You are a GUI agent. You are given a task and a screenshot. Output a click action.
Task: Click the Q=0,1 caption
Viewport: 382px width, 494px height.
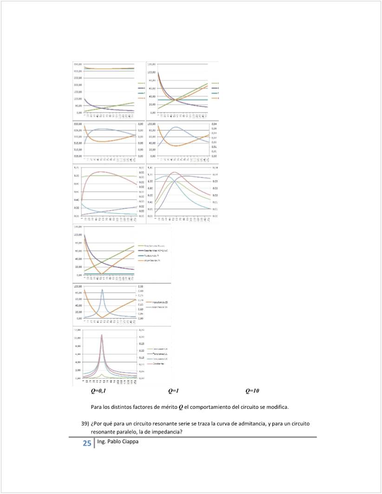[98, 391]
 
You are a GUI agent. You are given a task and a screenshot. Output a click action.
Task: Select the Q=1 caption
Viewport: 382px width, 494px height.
[174, 391]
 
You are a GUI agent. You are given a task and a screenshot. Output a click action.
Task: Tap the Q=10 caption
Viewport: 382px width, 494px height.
[252, 391]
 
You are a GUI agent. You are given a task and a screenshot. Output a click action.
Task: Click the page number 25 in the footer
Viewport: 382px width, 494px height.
[87, 443]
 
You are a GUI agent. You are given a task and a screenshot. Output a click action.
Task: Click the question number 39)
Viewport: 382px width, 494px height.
[85, 424]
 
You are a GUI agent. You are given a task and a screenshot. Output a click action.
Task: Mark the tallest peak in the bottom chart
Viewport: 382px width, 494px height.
[102, 335]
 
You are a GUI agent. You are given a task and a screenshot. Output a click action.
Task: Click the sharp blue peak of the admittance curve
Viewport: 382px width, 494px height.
[102, 290]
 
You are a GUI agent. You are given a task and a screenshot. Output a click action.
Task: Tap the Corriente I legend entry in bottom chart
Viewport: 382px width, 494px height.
[154, 363]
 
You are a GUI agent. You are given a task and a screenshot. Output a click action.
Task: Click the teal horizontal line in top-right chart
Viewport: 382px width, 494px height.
[186, 100]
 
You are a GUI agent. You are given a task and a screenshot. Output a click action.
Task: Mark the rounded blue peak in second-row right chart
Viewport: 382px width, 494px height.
[176, 127]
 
